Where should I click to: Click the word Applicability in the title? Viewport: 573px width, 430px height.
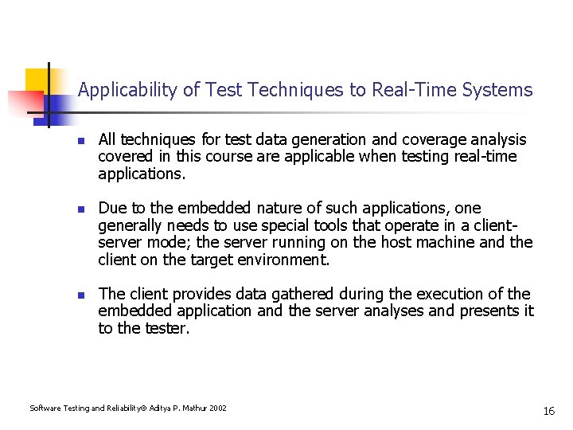[x=127, y=90]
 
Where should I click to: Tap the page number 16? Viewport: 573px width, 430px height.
[x=548, y=411]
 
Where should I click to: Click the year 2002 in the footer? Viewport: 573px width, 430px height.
[x=217, y=408]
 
